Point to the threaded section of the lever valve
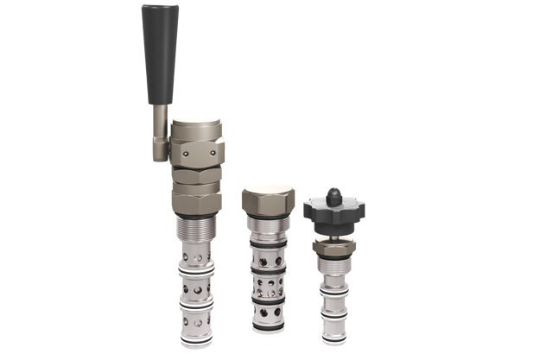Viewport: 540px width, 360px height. [x=194, y=230]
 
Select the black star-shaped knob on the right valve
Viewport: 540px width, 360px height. [x=334, y=208]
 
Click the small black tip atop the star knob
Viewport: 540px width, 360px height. [x=334, y=190]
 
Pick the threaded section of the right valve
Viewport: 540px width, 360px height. [x=334, y=263]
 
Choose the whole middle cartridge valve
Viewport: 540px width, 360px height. [x=267, y=259]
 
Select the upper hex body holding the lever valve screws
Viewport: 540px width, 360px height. [x=198, y=152]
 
